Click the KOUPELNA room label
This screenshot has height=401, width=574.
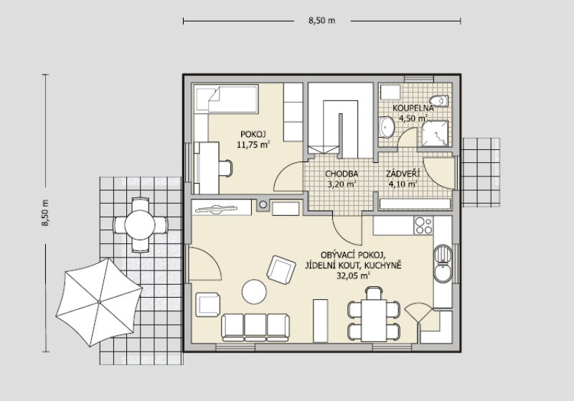[x=413, y=108]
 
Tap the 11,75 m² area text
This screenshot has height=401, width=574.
[x=253, y=144]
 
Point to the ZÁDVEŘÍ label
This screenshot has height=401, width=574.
[x=403, y=174]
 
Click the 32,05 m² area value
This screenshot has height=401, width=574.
[x=353, y=275]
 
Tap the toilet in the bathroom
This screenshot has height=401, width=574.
[x=439, y=100]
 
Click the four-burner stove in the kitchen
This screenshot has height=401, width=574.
[x=423, y=225]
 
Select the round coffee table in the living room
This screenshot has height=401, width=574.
[x=254, y=291]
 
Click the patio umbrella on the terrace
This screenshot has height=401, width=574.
[x=99, y=302]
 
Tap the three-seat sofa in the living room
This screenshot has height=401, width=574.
[x=255, y=327]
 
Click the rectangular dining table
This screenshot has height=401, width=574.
[x=374, y=320]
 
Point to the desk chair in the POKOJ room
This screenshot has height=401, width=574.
[x=225, y=169]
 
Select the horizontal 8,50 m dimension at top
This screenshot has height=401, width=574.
[x=321, y=21]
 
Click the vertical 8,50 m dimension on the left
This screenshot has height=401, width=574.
[x=45, y=213]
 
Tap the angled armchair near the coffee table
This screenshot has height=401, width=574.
[x=281, y=270]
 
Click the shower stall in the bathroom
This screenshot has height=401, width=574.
[x=435, y=133]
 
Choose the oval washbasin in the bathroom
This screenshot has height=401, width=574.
[x=386, y=127]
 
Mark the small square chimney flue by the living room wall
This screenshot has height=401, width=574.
[x=263, y=205]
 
